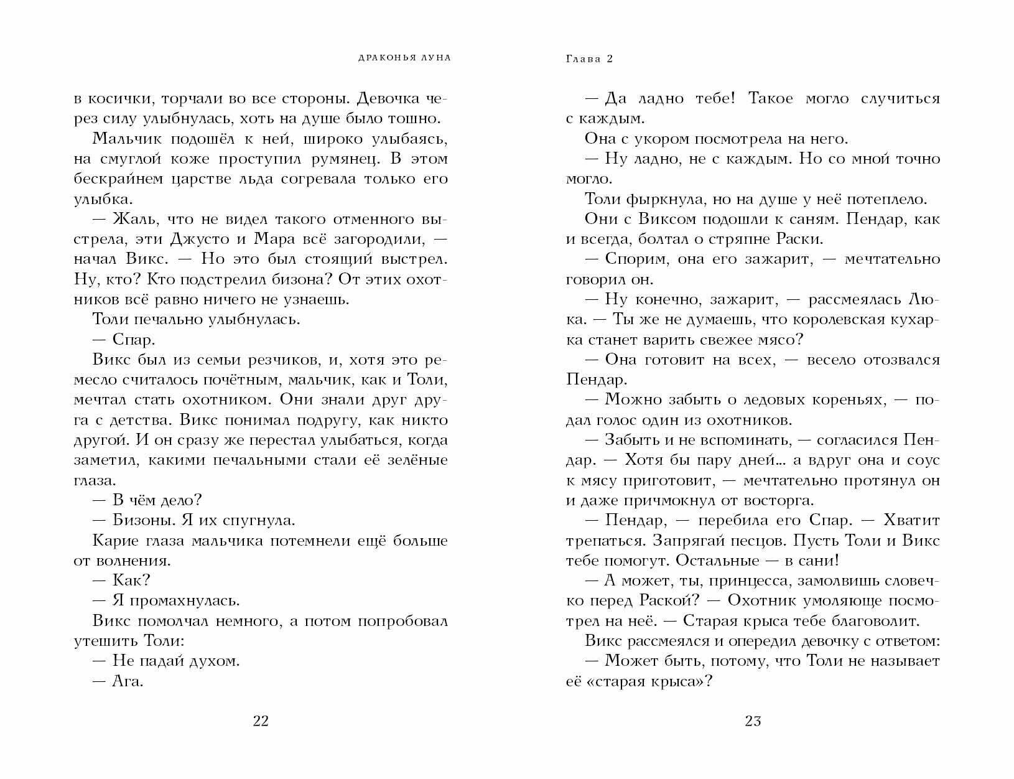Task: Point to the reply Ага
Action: tap(128, 681)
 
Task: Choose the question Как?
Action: tap(132, 581)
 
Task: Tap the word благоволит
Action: tap(865, 620)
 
